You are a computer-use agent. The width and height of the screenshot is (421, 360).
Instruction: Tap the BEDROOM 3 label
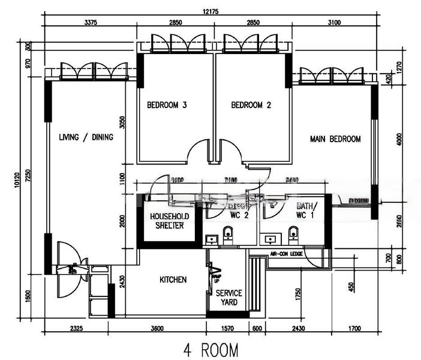(167, 105)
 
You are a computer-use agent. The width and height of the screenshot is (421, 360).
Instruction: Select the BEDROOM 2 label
(251, 105)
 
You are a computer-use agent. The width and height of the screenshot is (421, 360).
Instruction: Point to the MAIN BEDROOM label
(335, 139)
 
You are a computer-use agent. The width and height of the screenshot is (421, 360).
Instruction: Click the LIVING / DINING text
(86, 137)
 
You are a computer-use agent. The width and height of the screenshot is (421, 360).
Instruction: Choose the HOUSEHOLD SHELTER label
(170, 220)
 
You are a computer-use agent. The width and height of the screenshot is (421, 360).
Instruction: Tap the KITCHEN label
(173, 280)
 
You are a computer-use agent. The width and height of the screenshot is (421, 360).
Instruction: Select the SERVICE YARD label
(229, 298)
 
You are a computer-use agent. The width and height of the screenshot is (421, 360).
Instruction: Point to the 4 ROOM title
(210, 349)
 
